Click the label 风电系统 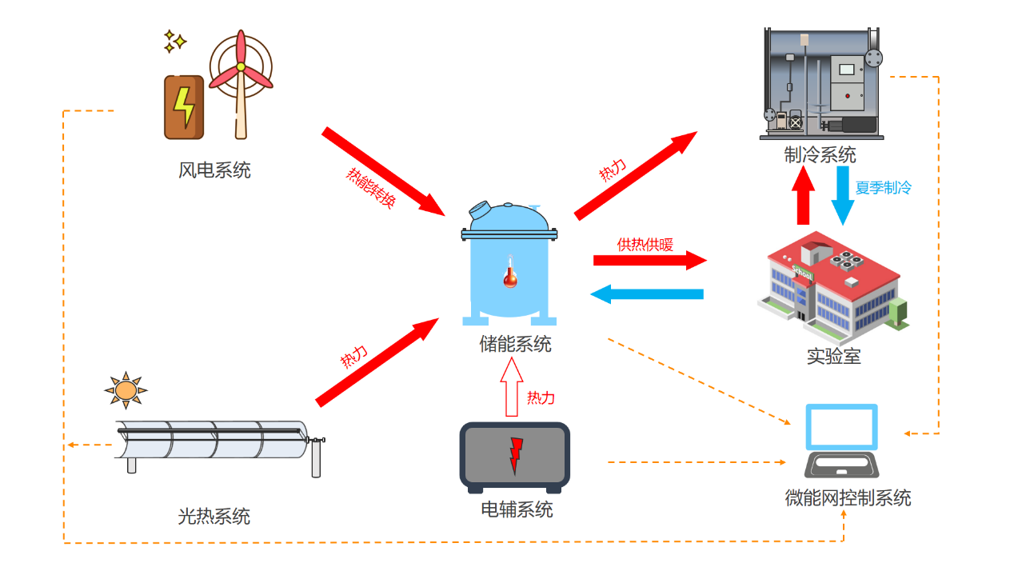click(x=214, y=170)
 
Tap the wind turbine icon click(x=240, y=80)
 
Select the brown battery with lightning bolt click(x=183, y=107)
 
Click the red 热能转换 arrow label click(x=370, y=188)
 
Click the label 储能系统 click(x=515, y=345)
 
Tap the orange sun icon click(x=126, y=389)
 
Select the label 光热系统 click(x=214, y=517)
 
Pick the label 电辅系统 click(x=517, y=509)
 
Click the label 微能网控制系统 click(x=848, y=498)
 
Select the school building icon click(x=832, y=284)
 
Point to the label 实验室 click(x=833, y=357)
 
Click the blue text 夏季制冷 click(x=883, y=189)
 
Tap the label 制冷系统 click(x=820, y=154)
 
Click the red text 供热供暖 click(x=645, y=245)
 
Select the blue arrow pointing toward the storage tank click(x=646, y=294)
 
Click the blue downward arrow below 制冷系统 click(x=842, y=194)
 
